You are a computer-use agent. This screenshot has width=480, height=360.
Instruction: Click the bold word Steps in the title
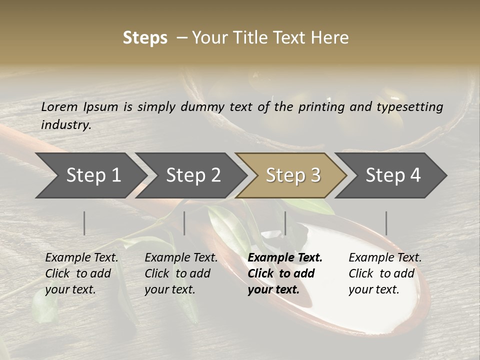tap(145, 38)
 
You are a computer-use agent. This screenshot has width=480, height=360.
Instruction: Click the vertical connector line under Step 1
tap(84, 223)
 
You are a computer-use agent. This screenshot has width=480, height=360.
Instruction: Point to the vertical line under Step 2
tap(184, 223)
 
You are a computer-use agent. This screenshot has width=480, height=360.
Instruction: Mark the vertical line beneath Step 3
tap(285, 223)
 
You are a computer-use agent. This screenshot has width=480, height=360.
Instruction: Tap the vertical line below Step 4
tap(386, 223)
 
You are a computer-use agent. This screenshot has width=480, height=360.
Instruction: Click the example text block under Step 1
tap(81, 273)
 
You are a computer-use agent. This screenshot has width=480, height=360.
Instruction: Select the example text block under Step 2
tap(181, 273)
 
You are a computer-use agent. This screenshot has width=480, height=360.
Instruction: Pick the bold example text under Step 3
tap(285, 273)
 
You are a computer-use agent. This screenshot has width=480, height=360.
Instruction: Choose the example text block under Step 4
tap(385, 273)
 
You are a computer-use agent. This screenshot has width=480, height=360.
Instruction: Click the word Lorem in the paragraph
tap(59, 106)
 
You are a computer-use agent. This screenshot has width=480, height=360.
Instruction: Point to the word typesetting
tap(411, 107)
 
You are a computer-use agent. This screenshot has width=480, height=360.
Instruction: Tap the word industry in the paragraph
tap(66, 125)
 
